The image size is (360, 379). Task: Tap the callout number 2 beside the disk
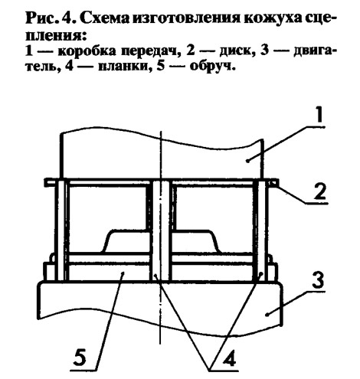[319, 191]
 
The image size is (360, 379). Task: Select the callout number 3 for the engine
[317, 280]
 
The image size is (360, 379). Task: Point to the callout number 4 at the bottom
[229, 361]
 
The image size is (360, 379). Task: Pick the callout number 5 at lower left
[80, 358]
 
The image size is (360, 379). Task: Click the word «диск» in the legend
[235, 51]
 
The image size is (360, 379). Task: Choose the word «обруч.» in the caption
[211, 66]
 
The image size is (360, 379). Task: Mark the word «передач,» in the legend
[149, 52]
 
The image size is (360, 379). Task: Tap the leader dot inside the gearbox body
[247, 161]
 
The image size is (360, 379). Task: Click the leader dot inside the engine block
[267, 315]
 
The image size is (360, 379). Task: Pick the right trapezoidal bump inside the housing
[196, 241]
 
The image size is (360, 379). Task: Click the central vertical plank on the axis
[161, 230]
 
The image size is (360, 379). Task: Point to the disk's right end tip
[278, 183]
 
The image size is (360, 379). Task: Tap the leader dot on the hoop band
[123, 273]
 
